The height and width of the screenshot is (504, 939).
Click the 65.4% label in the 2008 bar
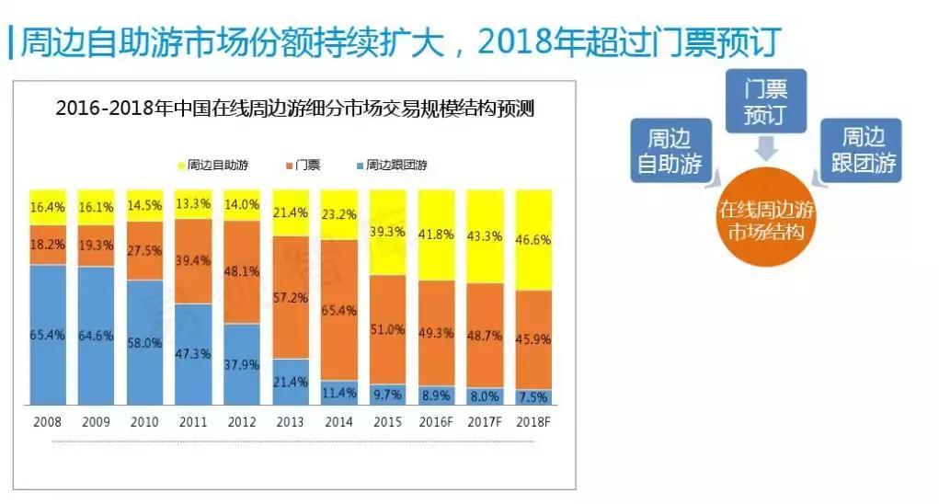tap(48, 335)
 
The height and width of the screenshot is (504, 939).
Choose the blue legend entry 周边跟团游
tap(390, 166)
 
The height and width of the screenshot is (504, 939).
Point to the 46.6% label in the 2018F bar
tap(533, 238)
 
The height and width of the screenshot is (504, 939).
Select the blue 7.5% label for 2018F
tap(533, 396)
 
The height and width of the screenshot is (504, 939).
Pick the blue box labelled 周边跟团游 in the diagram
tap(861, 151)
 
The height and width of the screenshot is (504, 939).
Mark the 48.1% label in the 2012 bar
tap(242, 271)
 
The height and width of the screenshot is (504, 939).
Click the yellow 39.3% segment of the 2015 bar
tap(388, 232)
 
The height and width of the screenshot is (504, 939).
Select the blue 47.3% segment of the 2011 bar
tap(193, 354)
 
